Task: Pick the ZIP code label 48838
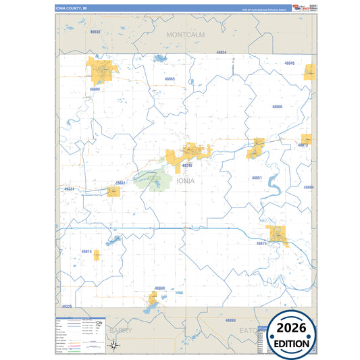95,32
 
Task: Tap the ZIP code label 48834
222,52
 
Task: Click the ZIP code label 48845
289,63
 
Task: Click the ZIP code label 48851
257,178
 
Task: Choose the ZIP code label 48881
120,182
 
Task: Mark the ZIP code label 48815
86,251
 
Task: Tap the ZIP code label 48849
159,288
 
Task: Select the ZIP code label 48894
308,187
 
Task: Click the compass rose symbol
115,346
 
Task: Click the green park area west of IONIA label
152,180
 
